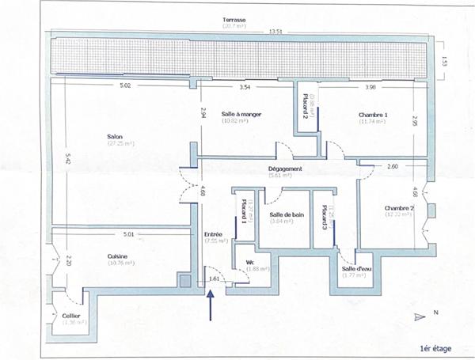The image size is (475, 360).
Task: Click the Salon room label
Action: [115, 137]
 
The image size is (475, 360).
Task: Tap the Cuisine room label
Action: [118, 256]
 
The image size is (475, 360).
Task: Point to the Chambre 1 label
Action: [371, 116]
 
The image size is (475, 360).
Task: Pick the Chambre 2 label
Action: [398, 208]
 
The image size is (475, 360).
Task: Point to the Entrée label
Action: [213, 234]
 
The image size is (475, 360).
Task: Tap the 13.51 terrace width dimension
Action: [275, 32]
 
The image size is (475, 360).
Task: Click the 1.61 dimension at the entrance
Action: [214, 279]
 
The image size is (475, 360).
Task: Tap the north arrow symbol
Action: [420, 316]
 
